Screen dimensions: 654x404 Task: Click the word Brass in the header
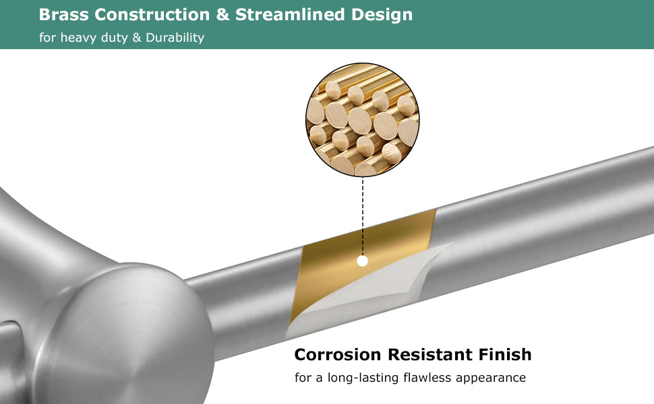click(x=63, y=15)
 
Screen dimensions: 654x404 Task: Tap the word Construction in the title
click(x=152, y=15)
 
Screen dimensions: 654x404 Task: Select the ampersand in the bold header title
click(x=222, y=15)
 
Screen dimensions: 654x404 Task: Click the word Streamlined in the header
click(x=290, y=15)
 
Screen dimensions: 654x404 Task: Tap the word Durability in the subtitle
click(x=175, y=38)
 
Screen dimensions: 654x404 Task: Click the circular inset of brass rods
click(x=363, y=120)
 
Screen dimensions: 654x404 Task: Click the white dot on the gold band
click(x=363, y=261)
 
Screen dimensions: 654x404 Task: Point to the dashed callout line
click(x=363, y=216)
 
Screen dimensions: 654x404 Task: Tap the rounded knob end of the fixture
click(x=125, y=333)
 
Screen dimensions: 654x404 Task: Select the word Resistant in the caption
click(x=429, y=354)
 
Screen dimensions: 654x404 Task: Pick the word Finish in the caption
click(x=505, y=354)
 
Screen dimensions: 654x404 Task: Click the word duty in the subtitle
click(x=115, y=38)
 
